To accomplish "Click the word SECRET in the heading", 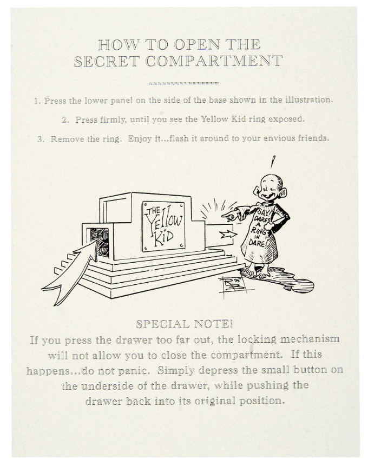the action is (107, 61).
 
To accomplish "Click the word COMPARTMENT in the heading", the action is (214, 61).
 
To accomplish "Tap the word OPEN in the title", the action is (197, 45).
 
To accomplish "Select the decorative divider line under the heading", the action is (183, 83).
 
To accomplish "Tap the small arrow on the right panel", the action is (228, 235).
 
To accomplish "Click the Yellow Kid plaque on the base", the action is (163, 226).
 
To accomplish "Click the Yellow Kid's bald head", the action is (271, 182).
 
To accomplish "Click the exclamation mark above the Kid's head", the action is (273, 162).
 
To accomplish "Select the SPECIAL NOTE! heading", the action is (184, 324).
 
